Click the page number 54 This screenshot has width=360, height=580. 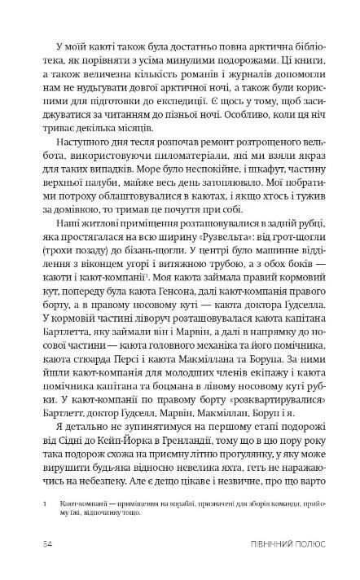pyautogui.click(x=51, y=543)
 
